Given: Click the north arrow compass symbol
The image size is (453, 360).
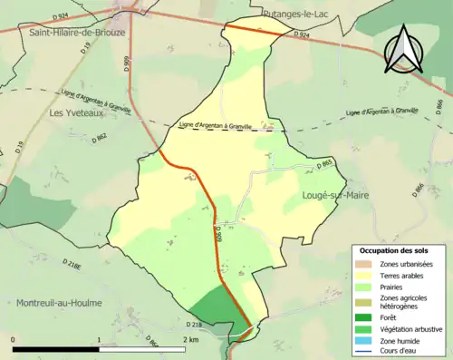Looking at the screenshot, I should (406, 51).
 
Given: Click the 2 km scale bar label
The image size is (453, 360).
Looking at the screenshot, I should (189, 340).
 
